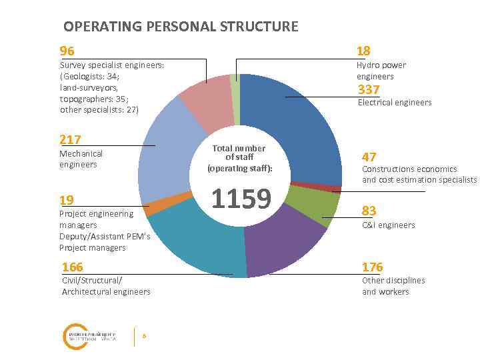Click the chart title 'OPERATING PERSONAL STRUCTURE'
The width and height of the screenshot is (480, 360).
point(181,27)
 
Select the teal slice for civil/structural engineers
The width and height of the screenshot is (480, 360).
point(200,247)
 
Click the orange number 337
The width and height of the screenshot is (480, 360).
point(369,89)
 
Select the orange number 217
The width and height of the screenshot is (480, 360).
point(70,139)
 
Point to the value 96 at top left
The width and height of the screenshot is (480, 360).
point(67,51)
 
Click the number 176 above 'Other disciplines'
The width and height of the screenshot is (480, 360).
point(373,267)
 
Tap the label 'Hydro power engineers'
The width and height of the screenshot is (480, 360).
point(381,71)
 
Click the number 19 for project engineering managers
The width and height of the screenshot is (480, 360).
point(67,201)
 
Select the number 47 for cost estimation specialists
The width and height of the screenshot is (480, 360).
point(369,157)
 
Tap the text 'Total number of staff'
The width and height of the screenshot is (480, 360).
point(239,153)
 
